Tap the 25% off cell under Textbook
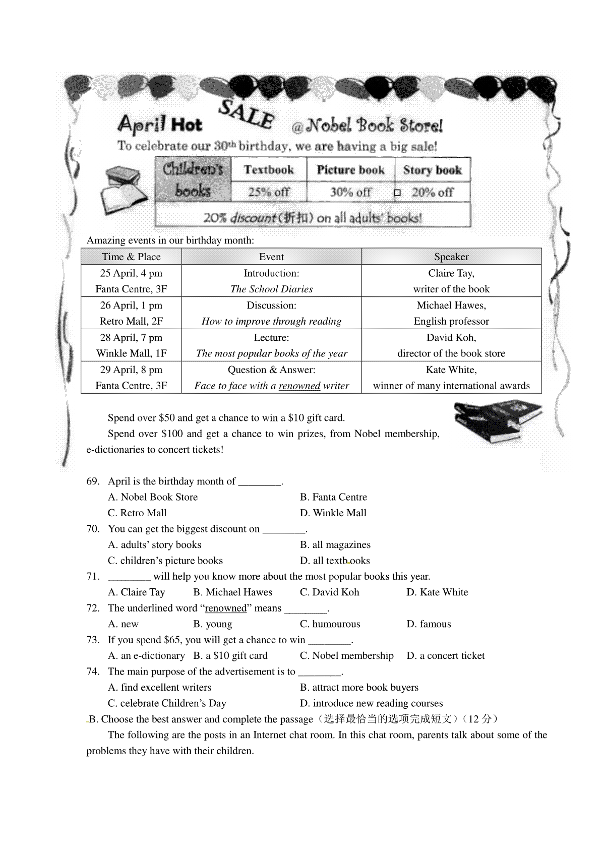tap(269, 192)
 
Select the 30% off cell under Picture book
tap(350, 192)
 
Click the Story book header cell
tap(432, 170)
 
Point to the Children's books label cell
tap(193, 180)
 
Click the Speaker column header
tap(451, 257)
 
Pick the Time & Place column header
tap(131, 257)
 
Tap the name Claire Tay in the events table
tap(451, 273)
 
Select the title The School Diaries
tap(271, 289)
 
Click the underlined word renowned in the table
tap(299, 386)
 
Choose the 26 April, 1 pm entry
tap(131, 305)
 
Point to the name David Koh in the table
tap(451, 338)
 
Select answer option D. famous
tap(429, 624)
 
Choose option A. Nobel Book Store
tap(153, 497)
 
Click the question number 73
tap(93, 640)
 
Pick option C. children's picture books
tap(165, 561)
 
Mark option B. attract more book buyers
tap(359, 688)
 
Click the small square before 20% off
tap(397, 193)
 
